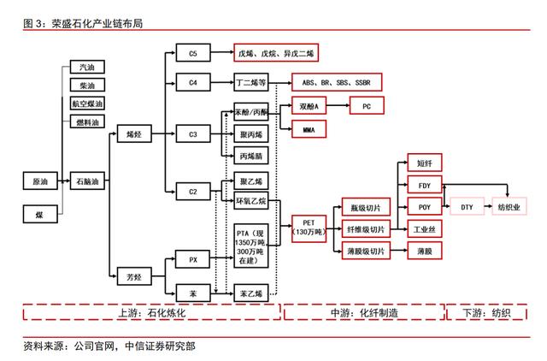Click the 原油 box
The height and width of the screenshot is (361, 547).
[40, 182]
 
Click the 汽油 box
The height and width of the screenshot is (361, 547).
[87, 67]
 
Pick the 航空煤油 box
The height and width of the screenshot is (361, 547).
[87, 104]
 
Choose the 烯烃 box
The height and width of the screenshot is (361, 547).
[133, 134]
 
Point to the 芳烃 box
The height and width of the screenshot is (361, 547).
[133, 276]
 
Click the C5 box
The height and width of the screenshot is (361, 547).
[192, 53]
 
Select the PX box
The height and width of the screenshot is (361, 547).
[192, 257]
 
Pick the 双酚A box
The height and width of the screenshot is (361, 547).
[309, 108]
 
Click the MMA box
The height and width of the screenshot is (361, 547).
[309, 131]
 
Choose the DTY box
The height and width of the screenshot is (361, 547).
[467, 207]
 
